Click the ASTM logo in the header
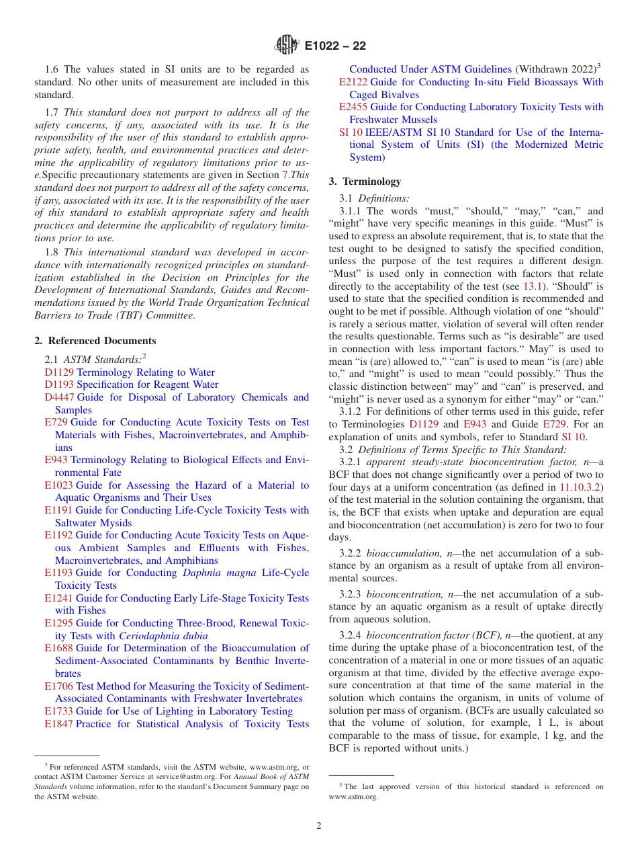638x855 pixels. point(287,46)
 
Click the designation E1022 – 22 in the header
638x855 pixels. point(335,46)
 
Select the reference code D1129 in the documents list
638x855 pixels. point(59,372)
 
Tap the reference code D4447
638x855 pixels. point(59,397)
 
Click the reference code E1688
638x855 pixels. point(58,649)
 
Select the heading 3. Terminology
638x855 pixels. point(365,181)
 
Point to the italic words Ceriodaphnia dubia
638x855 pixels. point(163,636)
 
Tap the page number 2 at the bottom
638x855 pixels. point(319,826)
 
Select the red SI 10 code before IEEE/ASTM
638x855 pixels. point(351,132)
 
